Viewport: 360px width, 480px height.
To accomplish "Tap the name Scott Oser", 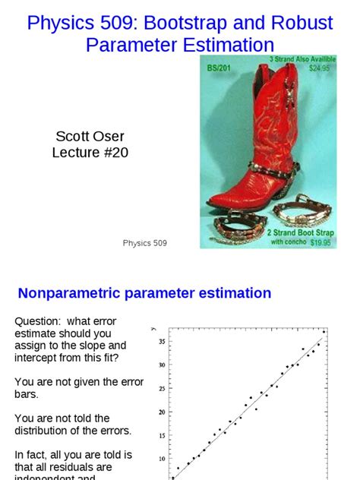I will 90,137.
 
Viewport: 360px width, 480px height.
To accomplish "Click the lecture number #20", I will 112,153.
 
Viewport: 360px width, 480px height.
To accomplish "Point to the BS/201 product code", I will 219,68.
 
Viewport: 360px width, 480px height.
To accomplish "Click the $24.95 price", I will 321,68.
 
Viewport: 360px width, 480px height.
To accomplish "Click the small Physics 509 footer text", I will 145,243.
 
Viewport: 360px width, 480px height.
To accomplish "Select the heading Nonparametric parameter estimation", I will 144,293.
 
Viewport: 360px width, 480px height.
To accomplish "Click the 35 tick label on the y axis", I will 161,342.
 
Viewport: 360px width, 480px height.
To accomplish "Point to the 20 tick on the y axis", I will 161,412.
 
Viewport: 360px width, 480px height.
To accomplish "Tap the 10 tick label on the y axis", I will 161,459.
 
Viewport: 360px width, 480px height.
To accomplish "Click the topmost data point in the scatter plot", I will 324,331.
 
